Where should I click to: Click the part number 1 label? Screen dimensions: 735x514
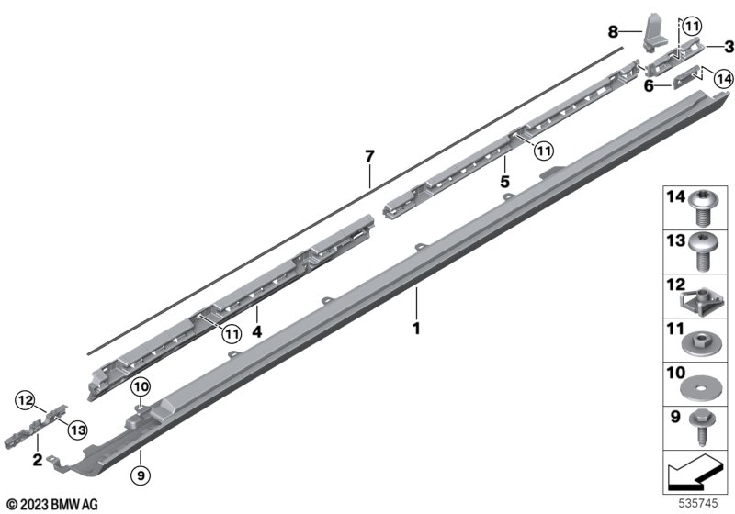(416, 329)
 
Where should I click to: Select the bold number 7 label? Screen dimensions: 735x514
(370, 156)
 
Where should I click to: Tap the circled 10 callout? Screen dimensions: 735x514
(141, 386)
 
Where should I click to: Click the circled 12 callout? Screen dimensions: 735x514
(26, 400)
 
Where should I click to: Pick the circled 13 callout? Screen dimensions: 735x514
(78, 430)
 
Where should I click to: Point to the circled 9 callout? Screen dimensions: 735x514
(141, 475)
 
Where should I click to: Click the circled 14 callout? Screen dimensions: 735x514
(724, 79)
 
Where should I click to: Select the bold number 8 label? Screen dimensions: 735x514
(613, 32)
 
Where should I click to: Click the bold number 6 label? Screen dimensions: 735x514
(649, 86)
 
